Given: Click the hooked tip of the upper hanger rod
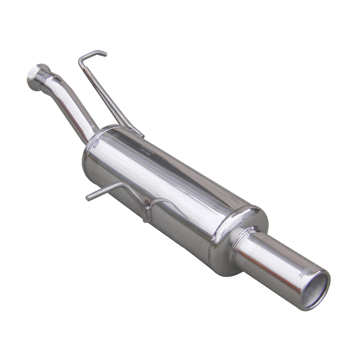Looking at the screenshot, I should (104, 53).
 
